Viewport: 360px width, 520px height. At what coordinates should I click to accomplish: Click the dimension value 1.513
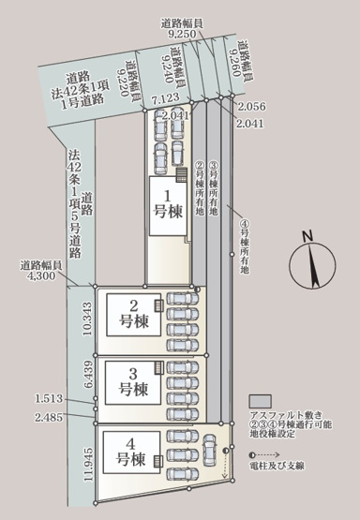tap(49, 397)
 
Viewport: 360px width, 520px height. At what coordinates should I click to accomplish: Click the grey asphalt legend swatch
tap(259, 398)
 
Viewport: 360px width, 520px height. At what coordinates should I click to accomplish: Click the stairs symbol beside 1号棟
tap(182, 174)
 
